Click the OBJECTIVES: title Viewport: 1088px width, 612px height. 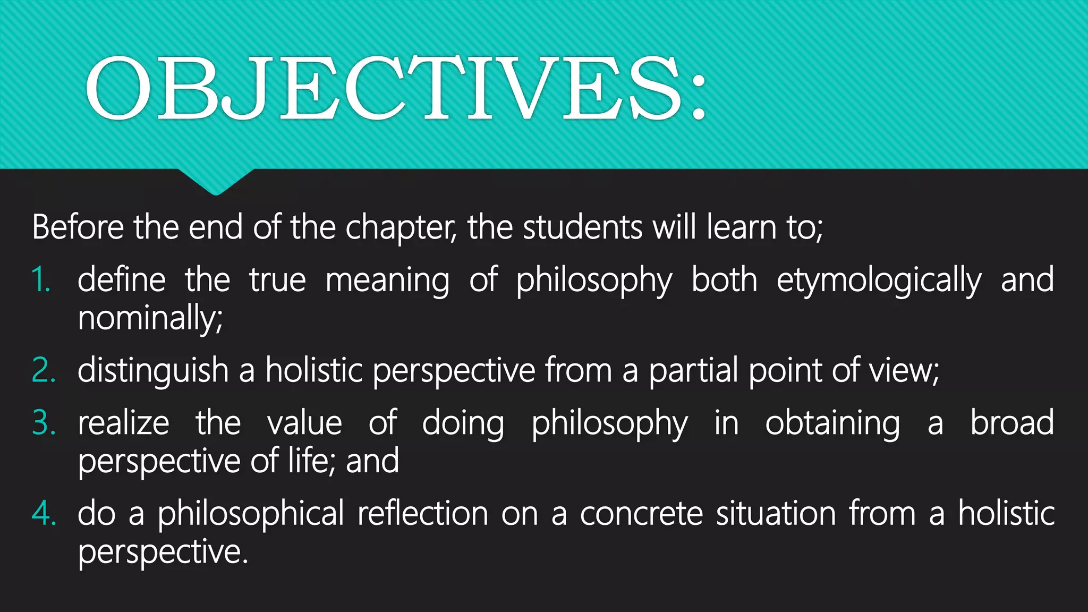click(x=396, y=88)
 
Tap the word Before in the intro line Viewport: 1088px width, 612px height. click(x=78, y=227)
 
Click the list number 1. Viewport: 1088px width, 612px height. click(x=40, y=280)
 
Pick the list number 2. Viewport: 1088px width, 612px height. click(x=43, y=370)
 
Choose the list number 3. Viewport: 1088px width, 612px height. click(x=44, y=423)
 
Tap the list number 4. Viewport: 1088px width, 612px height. click(x=44, y=514)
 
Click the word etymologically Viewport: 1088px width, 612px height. click(x=879, y=281)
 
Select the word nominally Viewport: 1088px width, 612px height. click(x=150, y=318)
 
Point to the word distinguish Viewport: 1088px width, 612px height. click(x=153, y=371)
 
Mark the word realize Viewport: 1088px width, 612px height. click(x=123, y=423)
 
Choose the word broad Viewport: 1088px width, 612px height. click(x=1012, y=423)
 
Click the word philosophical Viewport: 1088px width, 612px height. click(x=251, y=514)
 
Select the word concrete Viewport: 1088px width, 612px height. click(x=641, y=514)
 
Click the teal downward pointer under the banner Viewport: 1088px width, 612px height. click(x=216, y=182)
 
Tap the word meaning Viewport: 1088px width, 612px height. click(x=387, y=281)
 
